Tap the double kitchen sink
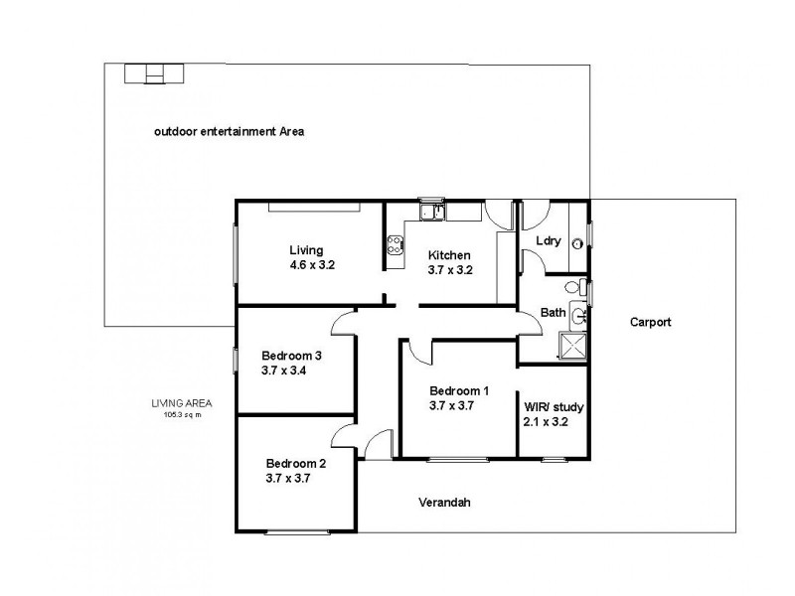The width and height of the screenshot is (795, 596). point(432,211)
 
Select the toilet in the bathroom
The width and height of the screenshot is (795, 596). point(572,288)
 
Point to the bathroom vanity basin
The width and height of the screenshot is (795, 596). point(579,317)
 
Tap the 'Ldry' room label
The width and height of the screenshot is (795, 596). point(548,241)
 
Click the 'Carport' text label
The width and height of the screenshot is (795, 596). point(652,322)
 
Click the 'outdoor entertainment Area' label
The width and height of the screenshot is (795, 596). point(229,131)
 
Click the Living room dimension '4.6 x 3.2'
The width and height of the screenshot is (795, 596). point(313,265)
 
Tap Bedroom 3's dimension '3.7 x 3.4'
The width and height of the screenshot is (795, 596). point(285,371)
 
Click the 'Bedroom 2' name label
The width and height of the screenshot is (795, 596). point(295,463)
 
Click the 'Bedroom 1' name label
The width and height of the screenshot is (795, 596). point(458,390)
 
